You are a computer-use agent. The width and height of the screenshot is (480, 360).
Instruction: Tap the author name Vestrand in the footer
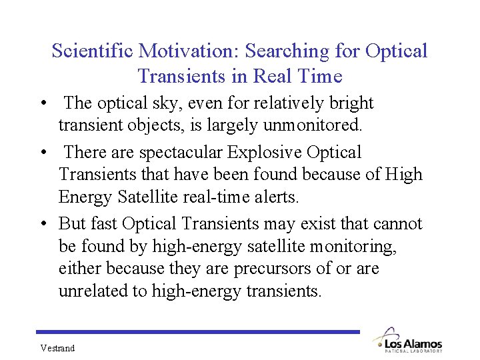point(57,348)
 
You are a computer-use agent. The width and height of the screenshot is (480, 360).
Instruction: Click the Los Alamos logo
point(407,339)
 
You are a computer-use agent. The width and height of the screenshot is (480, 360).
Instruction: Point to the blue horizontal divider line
point(198,331)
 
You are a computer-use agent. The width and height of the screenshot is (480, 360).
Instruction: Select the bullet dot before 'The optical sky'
point(42,104)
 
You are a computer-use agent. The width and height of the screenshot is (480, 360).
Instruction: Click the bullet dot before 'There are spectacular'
point(42,153)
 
